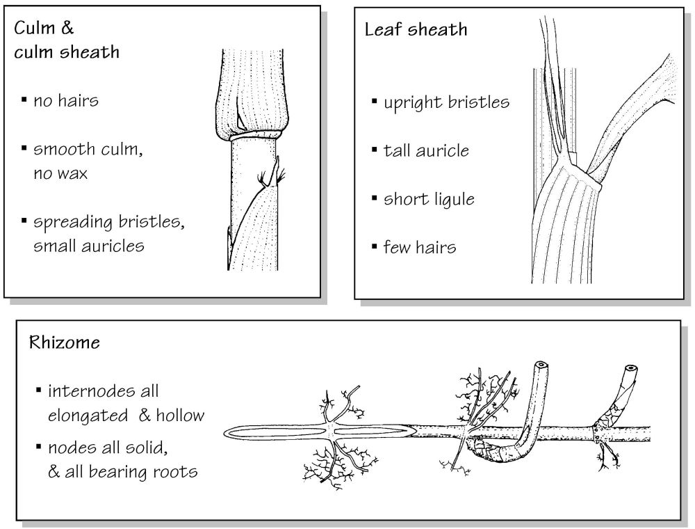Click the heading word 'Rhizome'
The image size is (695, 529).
(x=65, y=342)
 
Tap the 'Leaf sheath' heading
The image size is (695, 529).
(x=416, y=30)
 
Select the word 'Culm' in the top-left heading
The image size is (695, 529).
(x=34, y=28)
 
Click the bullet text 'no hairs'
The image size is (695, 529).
(x=66, y=101)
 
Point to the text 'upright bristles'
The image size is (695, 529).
(x=446, y=102)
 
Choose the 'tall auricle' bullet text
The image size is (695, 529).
(x=426, y=151)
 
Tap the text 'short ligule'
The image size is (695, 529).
(x=429, y=199)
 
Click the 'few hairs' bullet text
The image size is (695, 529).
(x=419, y=247)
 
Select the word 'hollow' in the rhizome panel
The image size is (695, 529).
(x=180, y=415)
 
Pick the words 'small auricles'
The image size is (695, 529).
(x=89, y=246)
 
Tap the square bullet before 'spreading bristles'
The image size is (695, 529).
(x=24, y=220)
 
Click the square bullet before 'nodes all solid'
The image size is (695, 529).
(x=38, y=446)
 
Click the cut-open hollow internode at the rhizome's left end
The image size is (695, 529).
(x=319, y=432)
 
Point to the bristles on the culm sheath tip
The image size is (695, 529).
(x=271, y=177)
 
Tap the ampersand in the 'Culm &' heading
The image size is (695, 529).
(x=67, y=28)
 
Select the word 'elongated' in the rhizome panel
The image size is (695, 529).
(x=88, y=416)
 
